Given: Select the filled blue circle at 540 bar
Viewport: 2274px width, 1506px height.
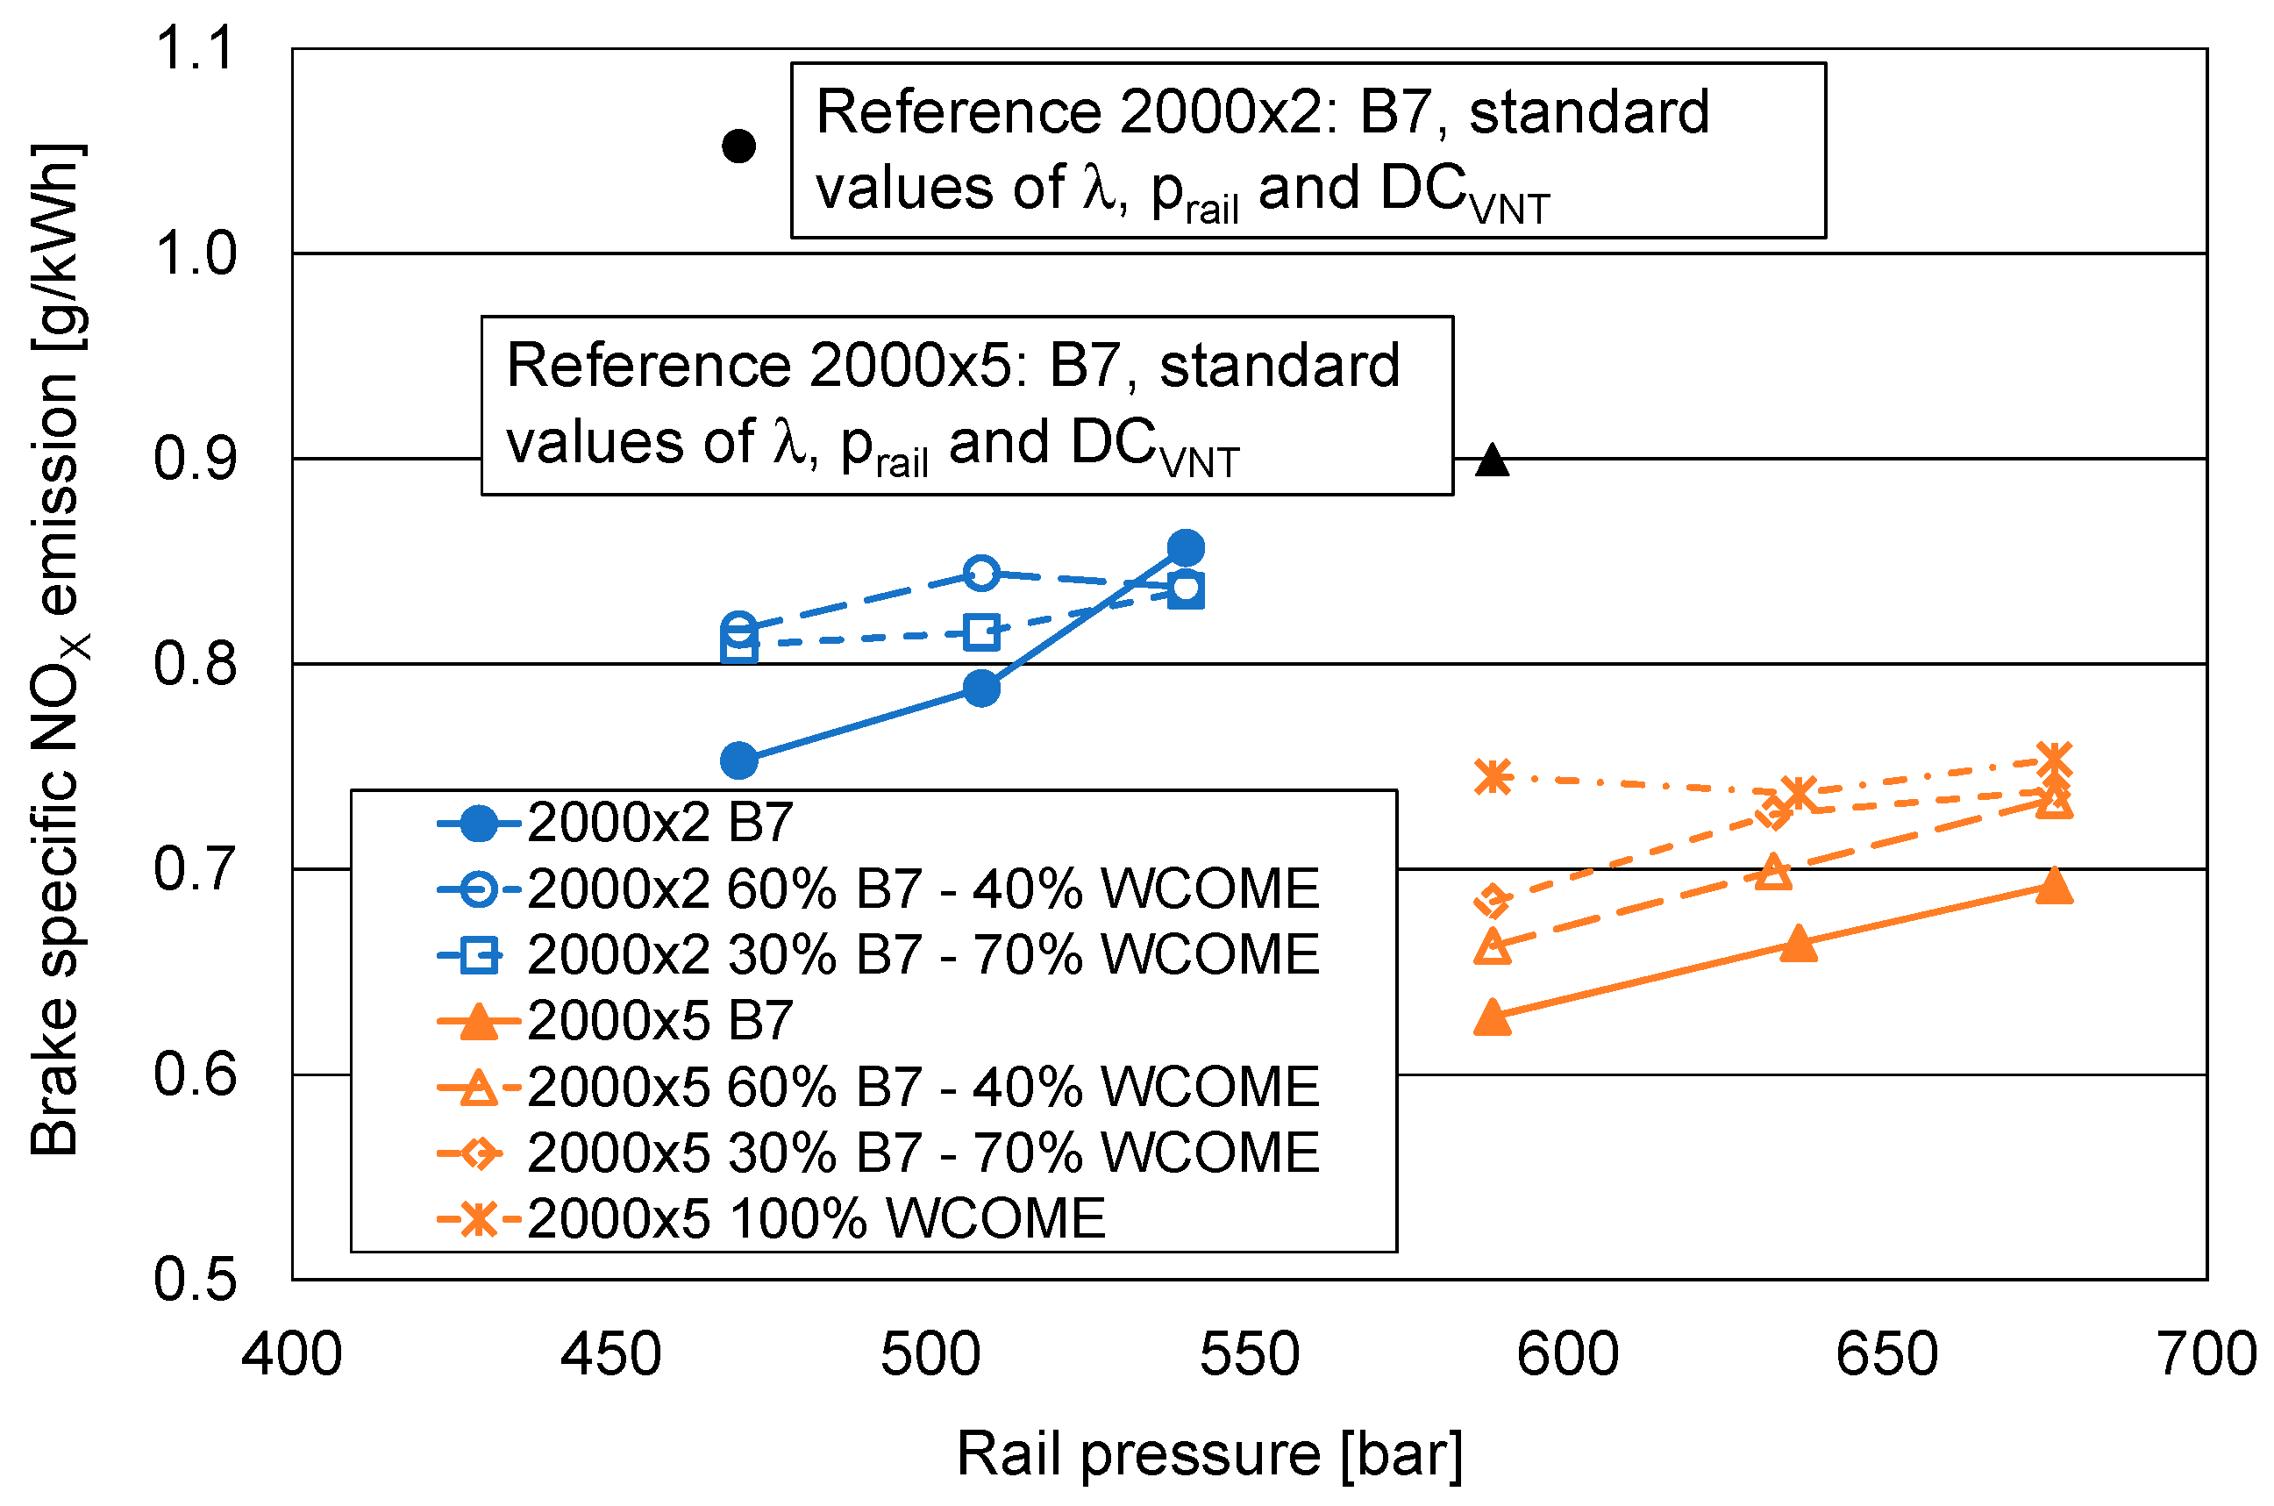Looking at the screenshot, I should (x=1186, y=548).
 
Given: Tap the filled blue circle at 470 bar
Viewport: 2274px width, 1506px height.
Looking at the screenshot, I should (x=738, y=760).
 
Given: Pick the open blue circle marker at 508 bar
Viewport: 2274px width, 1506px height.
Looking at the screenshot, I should (x=980, y=574).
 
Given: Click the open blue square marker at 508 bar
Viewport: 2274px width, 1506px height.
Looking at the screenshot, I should (x=980, y=632).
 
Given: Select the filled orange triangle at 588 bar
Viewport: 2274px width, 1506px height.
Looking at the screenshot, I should (x=1492, y=1017).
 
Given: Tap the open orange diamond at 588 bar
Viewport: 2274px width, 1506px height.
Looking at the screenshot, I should (x=1492, y=901).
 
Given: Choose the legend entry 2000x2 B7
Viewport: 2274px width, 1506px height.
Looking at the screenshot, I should (x=659, y=823).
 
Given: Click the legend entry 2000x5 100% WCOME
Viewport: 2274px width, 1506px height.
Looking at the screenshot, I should (x=816, y=1219).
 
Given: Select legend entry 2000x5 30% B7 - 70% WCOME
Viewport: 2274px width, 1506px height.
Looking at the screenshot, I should (x=922, y=1153).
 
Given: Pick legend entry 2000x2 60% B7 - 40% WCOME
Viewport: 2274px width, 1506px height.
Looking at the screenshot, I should (x=922, y=889).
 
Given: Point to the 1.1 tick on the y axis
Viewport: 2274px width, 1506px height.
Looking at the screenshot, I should (x=194, y=48).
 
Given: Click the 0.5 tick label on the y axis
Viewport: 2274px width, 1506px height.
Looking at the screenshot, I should (x=194, y=1280).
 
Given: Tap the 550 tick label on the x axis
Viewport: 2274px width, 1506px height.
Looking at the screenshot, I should (x=1250, y=1355).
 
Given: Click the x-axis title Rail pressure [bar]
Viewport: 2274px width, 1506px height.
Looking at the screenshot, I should (x=1210, y=1453).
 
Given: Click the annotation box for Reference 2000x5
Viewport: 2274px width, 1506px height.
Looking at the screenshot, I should (x=966, y=405).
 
